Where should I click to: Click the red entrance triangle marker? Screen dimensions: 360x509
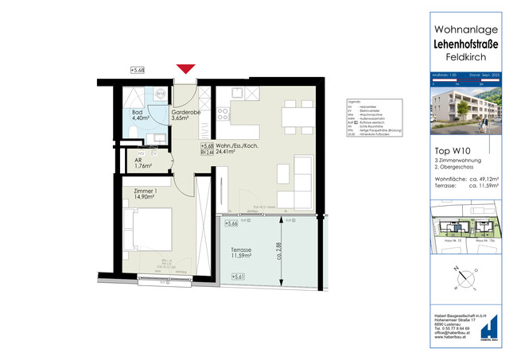187,71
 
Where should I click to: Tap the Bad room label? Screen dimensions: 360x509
138,115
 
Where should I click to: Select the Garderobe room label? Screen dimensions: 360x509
185,115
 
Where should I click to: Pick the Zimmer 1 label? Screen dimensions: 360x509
147,195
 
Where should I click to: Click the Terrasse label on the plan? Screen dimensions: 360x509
242,251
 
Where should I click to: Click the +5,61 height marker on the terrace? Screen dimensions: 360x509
237,277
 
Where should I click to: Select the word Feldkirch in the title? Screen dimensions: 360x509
464,57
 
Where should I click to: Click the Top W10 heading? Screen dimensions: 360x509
449,149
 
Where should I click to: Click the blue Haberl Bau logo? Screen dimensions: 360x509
492,327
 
